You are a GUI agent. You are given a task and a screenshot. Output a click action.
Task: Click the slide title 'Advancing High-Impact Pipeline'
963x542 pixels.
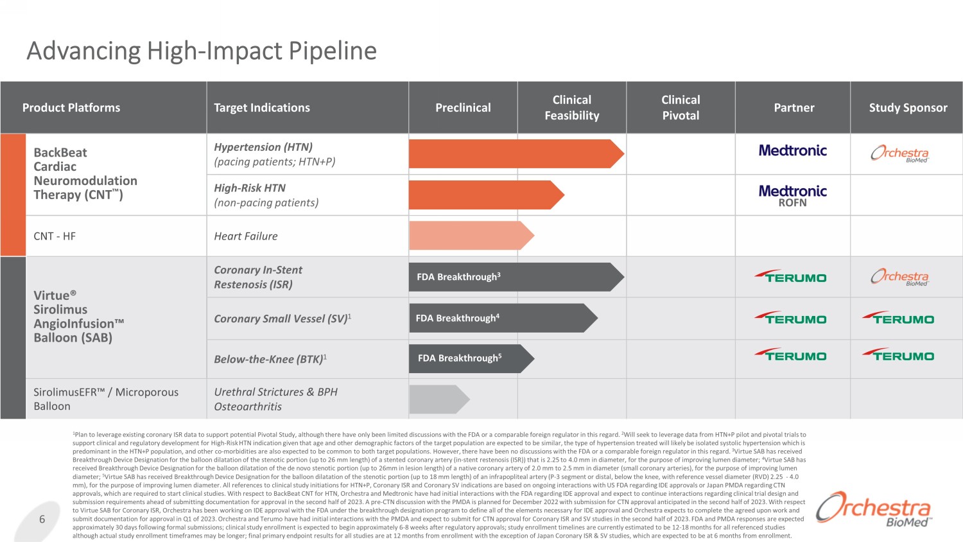tap(202, 51)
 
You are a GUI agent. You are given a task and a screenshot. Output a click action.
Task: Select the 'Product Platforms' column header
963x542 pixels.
tap(71, 107)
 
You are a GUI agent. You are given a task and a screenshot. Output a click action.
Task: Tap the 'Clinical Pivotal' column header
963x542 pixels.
tap(681, 107)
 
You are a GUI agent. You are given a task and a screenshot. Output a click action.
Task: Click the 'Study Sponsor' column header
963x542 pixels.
tap(908, 107)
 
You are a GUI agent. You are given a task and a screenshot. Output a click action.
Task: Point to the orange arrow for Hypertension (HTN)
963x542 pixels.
tap(516, 153)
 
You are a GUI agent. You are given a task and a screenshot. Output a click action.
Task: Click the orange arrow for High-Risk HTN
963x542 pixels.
tap(487, 195)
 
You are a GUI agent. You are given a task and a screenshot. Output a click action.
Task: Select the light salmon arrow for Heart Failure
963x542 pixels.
tap(472, 235)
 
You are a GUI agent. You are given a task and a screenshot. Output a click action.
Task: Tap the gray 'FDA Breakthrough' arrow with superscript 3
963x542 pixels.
tap(516, 277)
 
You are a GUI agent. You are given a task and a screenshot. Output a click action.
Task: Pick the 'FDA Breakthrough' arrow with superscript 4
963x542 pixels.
tap(503, 318)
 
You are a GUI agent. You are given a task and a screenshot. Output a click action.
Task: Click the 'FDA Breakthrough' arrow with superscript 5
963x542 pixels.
tap(472, 358)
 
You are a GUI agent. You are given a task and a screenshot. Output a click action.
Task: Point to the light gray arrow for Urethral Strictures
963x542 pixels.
tap(439, 399)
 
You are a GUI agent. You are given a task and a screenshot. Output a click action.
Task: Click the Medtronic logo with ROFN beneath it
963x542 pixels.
tap(793, 195)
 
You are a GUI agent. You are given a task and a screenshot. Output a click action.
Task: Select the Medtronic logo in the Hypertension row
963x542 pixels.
tap(793, 150)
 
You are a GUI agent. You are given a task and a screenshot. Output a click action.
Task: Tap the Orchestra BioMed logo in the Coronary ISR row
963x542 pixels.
tap(900, 277)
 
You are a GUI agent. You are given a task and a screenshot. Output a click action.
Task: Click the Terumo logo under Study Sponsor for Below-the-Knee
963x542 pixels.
tap(898, 354)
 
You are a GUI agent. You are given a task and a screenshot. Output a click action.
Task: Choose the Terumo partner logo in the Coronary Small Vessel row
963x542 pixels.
tap(790, 318)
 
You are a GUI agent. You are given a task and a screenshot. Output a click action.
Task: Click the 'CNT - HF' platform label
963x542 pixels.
tap(55, 236)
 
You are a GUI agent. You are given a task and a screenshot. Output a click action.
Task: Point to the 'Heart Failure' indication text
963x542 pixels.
tap(246, 236)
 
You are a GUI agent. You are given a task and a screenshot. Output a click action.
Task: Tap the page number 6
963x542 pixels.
tap(42, 519)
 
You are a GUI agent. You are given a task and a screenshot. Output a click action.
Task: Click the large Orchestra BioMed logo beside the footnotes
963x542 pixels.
tap(874, 509)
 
